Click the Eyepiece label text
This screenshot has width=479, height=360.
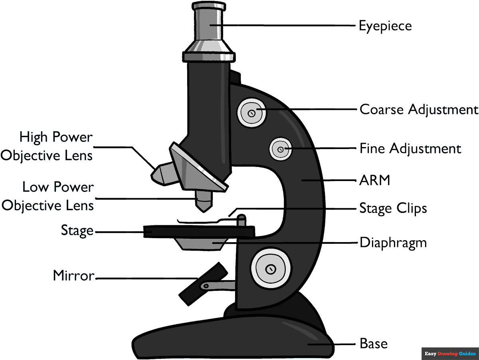(x=385, y=26)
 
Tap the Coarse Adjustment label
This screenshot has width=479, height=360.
(x=419, y=109)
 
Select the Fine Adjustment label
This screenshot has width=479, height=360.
(x=410, y=149)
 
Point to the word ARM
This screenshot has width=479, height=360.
(x=374, y=181)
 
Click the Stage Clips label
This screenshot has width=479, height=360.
(x=393, y=208)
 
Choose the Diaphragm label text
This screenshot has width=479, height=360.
(x=393, y=243)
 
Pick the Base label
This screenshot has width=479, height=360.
(x=374, y=343)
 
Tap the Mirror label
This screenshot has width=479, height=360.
(x=74, y=276)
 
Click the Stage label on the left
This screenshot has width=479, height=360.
(x=77, y=230)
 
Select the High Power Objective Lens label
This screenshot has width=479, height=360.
(x=47, y=146)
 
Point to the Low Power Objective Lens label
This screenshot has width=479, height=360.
(x=48, y=196)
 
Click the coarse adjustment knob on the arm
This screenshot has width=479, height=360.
(x=251, y=113)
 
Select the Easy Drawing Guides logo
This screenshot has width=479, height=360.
(x=450, y=354)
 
